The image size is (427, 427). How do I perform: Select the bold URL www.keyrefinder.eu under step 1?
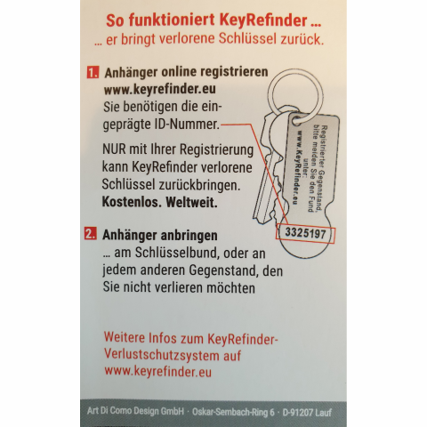click(x=157, y=90)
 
